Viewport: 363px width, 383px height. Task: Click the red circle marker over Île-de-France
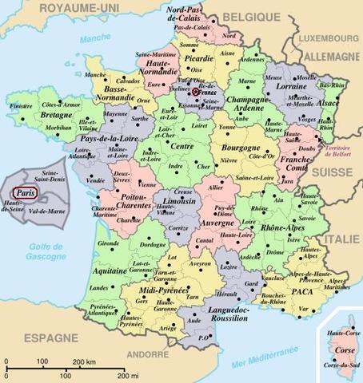(x=196, y=93)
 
